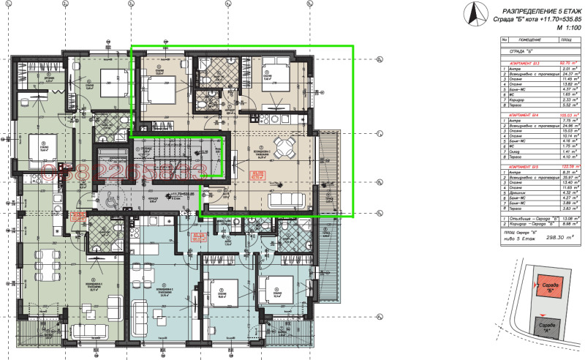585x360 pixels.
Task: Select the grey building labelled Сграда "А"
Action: coord(546,327)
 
